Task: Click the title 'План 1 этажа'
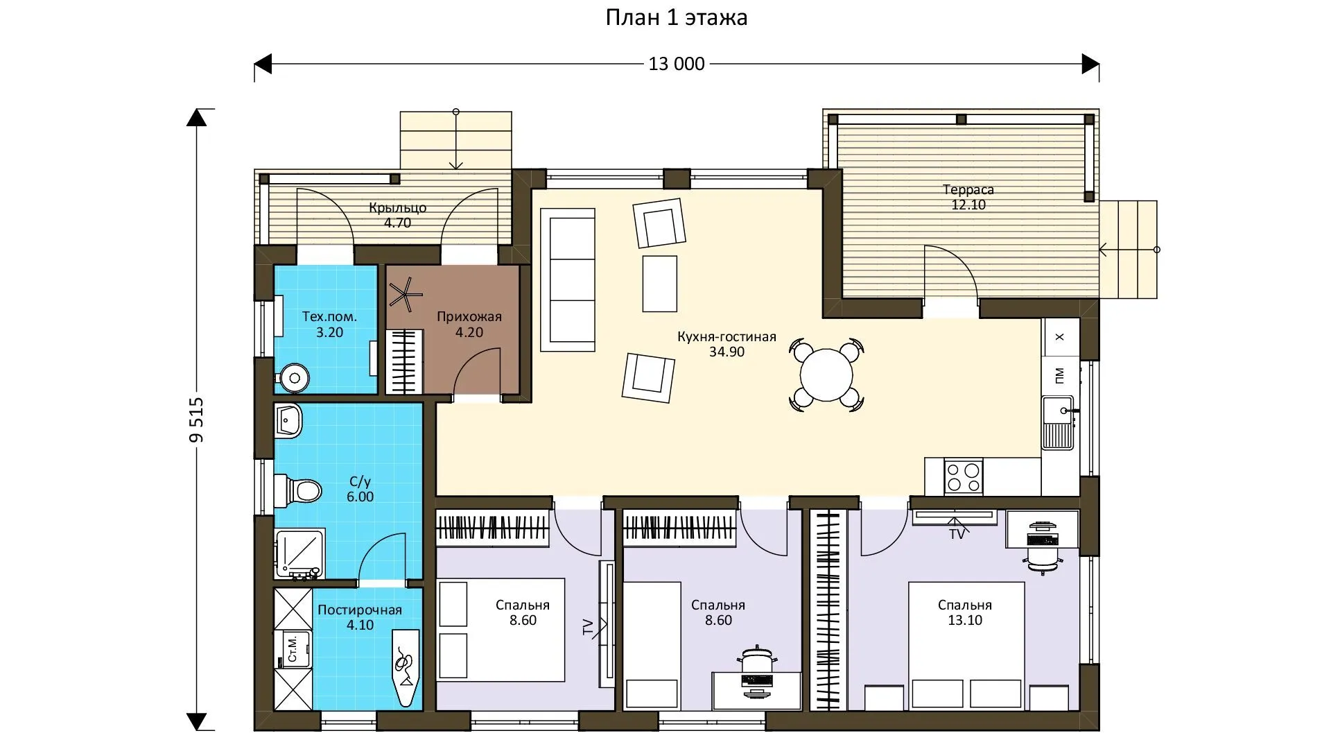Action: pyautogui.click(x=677, y=17)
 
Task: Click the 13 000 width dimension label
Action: pyautogui.click(x=677, y=64)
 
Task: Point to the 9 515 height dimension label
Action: pyautogui.click(x=197, y=420)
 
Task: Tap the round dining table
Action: pyautogui.click(x=826, y=375)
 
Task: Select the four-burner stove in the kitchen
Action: pyautogui.click(x=964, y=476)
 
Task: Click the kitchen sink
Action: pyautogui.click(x=1058, y=422)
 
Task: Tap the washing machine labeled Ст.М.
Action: pyautogui.click(x=292, y=648)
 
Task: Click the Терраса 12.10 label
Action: pyautogui.click(x=968, y=197)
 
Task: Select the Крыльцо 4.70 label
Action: pyautogui.click(x=398, y=215)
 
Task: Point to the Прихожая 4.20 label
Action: pyautogui.click(x=469, y=325)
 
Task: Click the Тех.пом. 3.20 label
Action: pyautogui.click(x=329, y=325)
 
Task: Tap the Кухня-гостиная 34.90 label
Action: pyautogui.click(x=727, y=344)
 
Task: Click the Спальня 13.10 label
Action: pyautogui.click(x=965, y=612)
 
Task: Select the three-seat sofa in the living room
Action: pyautogui.click(x=568, y=280)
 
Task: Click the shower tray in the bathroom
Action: pyautogui.click(x=299, y=554)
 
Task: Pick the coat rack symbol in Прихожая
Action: pyautogui.click(x=406, y=293)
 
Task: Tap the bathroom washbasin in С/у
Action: pyautogui.click(x=288, y=421)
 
